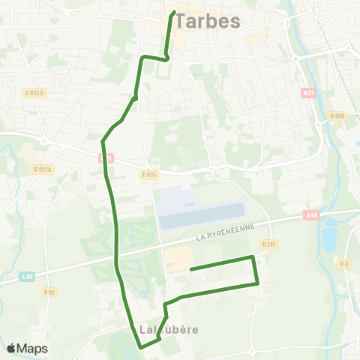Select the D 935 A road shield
34,92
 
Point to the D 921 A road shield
43,169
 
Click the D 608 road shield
337,115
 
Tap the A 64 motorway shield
313,215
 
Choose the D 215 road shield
269,244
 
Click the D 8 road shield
344,263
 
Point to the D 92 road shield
49,292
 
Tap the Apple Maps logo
27,348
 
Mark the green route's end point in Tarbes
174,13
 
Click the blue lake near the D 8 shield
328,236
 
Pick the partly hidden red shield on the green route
106,158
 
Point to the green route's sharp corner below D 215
257,283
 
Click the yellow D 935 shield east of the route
149,174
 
